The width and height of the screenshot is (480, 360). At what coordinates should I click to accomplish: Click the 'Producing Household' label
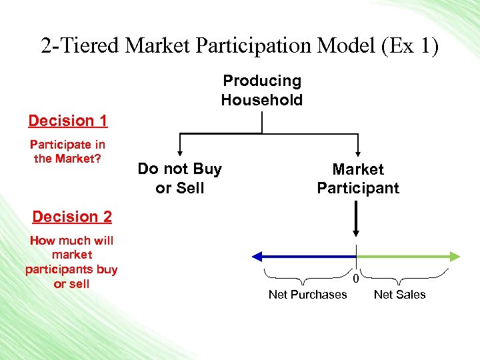pos(262,91)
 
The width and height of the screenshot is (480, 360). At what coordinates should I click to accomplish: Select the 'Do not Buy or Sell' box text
pos(179,179)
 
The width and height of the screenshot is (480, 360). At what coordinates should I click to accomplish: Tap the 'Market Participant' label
pos(358,179)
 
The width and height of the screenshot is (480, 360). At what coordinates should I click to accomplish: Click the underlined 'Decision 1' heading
pos(68,121)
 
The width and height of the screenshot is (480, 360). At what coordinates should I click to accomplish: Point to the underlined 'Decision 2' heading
pos(72,217)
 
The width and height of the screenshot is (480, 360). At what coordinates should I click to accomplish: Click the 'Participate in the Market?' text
pos(67,151)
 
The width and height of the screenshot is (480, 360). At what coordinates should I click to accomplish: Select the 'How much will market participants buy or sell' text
pos(71,262)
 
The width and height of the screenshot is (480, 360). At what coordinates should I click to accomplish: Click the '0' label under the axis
pos(356,278)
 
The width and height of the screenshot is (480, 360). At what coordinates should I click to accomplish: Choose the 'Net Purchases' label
pos(307,295)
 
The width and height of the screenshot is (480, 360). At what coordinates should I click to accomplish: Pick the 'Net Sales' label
pos(400,295)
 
